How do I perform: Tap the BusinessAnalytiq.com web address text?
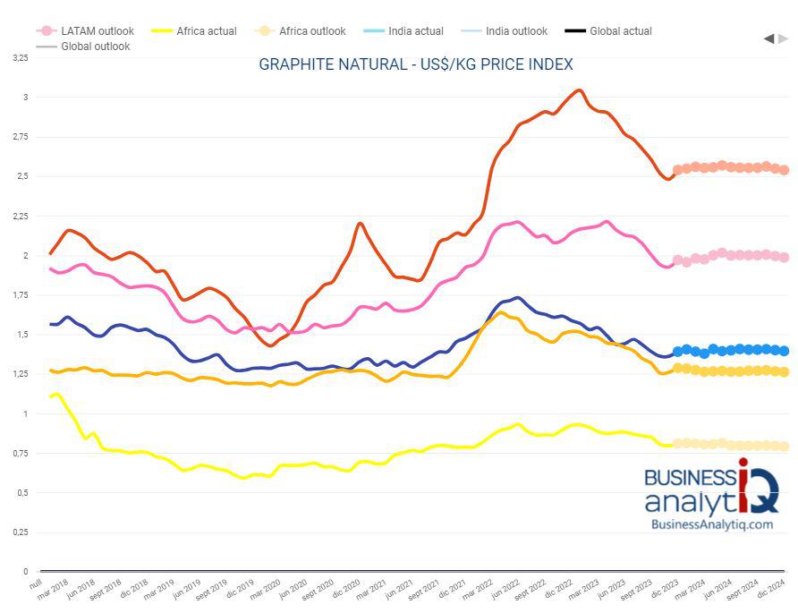coord(711,524)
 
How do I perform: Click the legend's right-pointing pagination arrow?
coord(784,38)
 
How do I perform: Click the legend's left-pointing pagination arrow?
coord(768,38)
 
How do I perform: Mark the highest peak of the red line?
coord(578,90)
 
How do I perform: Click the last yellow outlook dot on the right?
coord(784,446)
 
